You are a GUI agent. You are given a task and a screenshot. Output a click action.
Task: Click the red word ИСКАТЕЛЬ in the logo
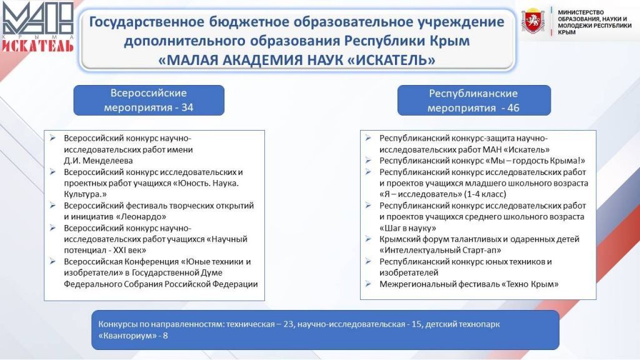pos(37,45)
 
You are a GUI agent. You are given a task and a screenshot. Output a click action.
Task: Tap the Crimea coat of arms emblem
pos(532,21)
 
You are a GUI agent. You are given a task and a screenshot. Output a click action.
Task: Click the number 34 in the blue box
pos(187,107)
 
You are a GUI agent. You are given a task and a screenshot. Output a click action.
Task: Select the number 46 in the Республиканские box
pos(513,108)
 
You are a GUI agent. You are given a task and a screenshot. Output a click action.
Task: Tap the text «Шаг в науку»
pos(407,227)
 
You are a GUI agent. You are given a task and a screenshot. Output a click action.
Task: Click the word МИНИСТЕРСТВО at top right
pos(581,12)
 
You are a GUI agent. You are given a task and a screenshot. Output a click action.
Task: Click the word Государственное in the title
pos(147,22)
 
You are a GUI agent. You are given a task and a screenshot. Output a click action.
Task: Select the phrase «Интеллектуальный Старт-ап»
pos(441,250)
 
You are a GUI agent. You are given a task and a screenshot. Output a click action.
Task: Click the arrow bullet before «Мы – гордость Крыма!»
pos(368,161)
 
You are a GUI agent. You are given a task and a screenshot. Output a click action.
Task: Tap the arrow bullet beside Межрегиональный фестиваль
pos(368,284)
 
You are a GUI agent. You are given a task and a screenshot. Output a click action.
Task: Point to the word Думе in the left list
pos(212,272)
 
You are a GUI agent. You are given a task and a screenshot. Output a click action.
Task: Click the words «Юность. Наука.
pos(206,183)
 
